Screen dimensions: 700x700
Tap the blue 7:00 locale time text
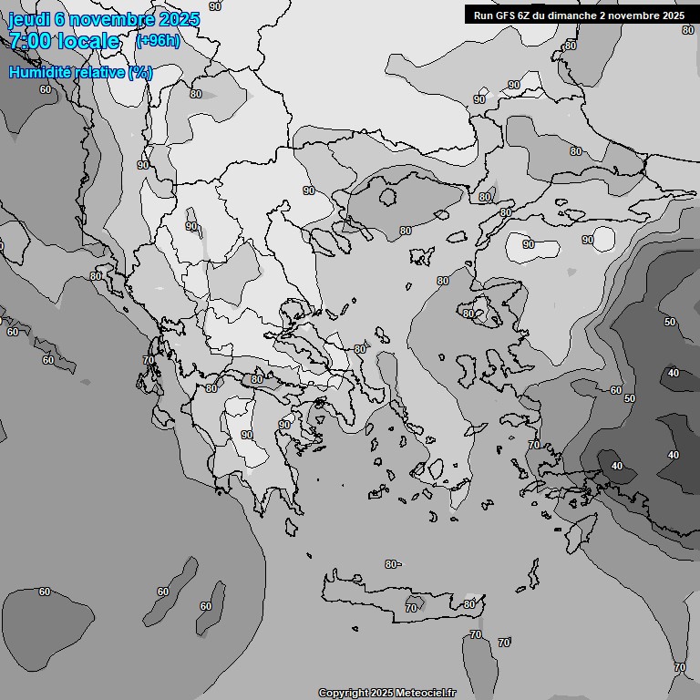point(64,41)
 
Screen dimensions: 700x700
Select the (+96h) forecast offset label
point(158,41)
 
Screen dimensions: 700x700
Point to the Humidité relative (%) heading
point(80,72)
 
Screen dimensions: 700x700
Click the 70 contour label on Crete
point(411,608)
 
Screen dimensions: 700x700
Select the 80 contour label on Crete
point(468,604)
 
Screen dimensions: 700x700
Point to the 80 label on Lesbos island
point(468,314)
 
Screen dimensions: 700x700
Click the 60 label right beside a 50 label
point(616,390)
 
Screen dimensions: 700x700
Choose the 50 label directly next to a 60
point(629,398)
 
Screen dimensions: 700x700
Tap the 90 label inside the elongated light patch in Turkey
point(529,244)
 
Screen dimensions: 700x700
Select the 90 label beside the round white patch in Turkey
point(588,240)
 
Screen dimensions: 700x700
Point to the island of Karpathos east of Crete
point(532,574)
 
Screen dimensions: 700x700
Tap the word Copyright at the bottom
point(344,694)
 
